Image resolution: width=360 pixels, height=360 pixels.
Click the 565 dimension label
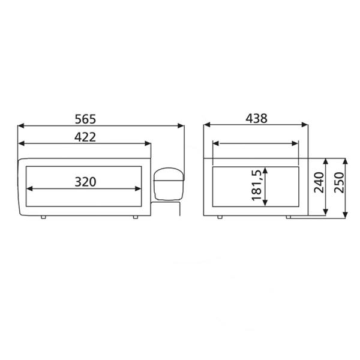click(x=85, y=119)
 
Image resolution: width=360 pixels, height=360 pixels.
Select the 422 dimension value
click(x=85, y=137)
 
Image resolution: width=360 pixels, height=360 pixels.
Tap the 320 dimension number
click(x=85, y=182)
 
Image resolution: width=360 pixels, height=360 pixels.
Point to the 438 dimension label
click(x=256, y=119)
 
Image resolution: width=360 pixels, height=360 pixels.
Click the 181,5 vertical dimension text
click(x=256, y=185)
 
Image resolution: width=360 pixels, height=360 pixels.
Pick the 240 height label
click(x=319, y=182)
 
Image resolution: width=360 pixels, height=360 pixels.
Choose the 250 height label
click(x=340, y=182)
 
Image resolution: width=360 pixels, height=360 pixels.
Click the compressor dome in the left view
click(x=169, y=184)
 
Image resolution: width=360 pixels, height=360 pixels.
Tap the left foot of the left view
click(x=43, y=217)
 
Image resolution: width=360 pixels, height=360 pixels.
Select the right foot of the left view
click(x=136, y=217)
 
